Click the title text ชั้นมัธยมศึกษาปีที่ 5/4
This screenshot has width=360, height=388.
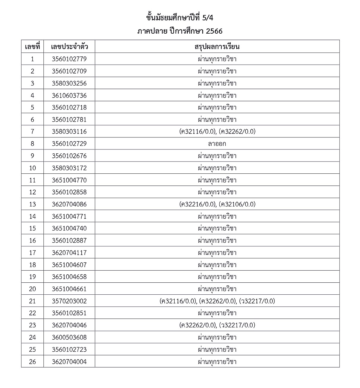(x=180, y=18)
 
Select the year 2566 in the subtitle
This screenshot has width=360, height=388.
(x=214, y=31)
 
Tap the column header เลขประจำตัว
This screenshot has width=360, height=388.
(x=69, y=47)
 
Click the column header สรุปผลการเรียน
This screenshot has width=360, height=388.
(x=217, y=47)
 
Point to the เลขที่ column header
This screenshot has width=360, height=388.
(x=32, y=47)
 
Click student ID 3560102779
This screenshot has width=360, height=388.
(x=69, y=59)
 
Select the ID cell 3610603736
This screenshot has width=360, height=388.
(x=69, y=95)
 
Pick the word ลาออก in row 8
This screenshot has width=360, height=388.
(x=217, y=144)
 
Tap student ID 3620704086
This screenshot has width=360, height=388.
(x=69, y=204)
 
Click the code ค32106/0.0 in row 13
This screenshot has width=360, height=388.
(x=237, y=204)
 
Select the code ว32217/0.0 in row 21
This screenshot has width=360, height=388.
(x=257, y=301)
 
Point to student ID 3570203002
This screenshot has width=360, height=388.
(x=69, y=301)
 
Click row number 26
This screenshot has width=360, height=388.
(x=32, y=362)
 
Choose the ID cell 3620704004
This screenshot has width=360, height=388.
(x=69, y=362)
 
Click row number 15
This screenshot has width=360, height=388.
(x=32, y=228)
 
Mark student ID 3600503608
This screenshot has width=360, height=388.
(x=69, y=337)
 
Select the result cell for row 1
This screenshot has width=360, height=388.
(x=217, y=59)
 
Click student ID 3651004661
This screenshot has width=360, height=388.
(x=69, y=289)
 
